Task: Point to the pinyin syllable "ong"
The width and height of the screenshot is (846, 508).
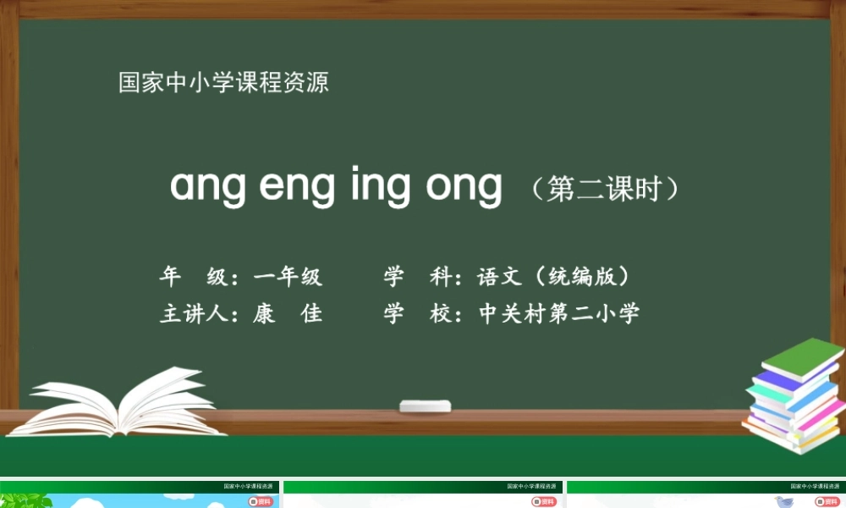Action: pos(464,187)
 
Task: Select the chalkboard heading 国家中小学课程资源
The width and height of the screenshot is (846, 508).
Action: pos(223,83)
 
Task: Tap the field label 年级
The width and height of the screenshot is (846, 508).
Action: pos(193,277)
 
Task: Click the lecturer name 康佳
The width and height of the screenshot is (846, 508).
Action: pos(288,314)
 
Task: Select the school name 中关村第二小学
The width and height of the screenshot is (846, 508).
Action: pos(559,314)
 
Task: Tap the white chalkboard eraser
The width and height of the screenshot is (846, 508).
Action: pos(425,406)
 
